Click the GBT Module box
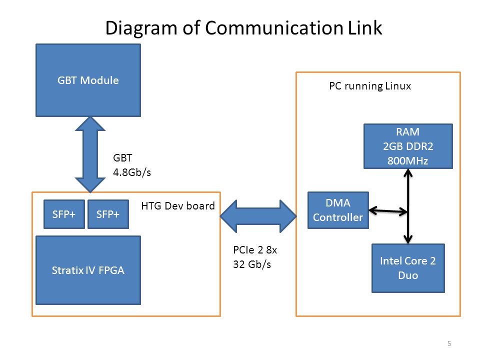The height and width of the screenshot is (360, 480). [88, 80]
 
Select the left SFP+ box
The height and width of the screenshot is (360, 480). [64, 214]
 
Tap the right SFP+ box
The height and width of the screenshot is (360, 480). [108, 214]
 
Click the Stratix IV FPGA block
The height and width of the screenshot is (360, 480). [88, 270]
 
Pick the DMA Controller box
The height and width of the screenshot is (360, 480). [338, 210]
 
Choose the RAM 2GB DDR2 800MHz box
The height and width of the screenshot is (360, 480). [408, 146]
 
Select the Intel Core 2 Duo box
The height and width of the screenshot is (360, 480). [408, 268]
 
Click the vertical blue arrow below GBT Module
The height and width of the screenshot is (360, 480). [90, 154]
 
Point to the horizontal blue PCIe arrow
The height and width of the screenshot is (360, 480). [258, 216]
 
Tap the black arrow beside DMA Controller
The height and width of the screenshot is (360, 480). [388, 210]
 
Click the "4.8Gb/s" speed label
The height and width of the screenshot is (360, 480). [132, 172]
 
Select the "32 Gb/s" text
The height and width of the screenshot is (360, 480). [252, 264]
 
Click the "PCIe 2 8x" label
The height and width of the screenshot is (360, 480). [255, 250]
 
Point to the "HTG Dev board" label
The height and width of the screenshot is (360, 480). [178, 205]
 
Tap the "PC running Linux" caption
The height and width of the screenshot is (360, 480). [370, 86]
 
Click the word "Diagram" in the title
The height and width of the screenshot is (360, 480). [141, 28]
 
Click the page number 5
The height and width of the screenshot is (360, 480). [449, 343]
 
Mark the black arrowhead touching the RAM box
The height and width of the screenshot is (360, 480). [408, 173]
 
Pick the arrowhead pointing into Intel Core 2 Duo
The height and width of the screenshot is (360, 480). [408, 239]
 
